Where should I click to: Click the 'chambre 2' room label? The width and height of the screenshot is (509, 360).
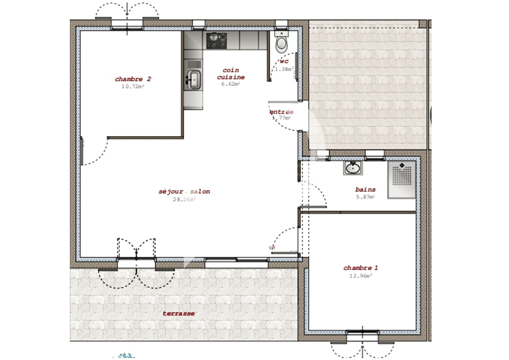(x=133, y=79)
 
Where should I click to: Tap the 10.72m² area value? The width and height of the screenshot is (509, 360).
(x=133, y=86)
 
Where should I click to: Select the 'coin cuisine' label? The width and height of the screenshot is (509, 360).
(x=231, y=74)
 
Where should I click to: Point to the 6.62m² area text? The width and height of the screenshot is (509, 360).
(x=231, y=84)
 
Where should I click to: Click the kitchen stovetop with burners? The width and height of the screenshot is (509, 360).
(x=216, y=41)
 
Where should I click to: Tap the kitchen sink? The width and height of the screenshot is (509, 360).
(x=194, y=80)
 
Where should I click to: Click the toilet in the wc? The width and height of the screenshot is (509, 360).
(x=281, y=43)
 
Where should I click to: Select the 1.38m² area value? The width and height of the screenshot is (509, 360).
(x=284, y=69)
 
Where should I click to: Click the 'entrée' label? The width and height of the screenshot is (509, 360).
(x=282, y=112)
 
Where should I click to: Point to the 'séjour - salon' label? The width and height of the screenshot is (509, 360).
(x=184, y=192)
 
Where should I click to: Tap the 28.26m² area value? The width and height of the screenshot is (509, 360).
(x=184, y=199)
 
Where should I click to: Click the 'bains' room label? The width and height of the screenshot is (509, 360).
(x=365, y=189)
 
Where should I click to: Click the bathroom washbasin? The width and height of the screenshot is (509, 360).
(x=352, y=168)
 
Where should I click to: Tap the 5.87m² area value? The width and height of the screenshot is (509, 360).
(x=365, y=197)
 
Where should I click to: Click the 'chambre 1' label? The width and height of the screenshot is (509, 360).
(x=360, y=268)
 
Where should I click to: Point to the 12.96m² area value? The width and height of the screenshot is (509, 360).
(x=360, y=276)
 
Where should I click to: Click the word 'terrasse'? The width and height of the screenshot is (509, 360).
(x=179, y=313)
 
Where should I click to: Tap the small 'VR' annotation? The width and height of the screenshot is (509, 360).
(x=272, y=248)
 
